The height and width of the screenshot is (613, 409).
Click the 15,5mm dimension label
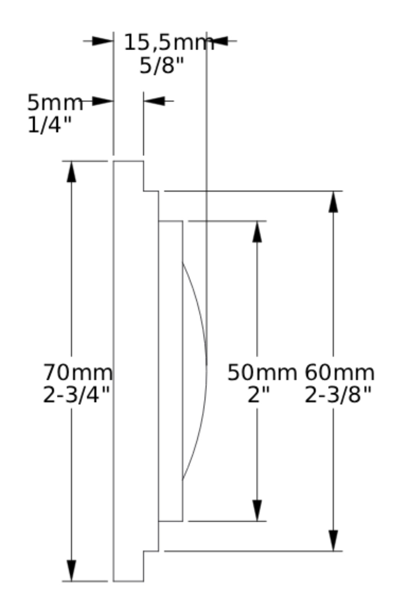pyautogui.click(x=169, y=43)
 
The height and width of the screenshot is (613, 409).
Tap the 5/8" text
pyautogui.click(x=161, y=66)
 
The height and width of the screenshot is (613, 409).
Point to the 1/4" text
pyautogui.click(x=49, y=125)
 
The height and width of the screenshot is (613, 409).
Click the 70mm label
pyautogui.click(x=78, y=373)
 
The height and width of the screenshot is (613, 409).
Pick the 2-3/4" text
pyautogui.click(x=76, y=395)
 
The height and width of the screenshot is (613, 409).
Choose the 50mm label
pyautogui.click(x=262, y=373)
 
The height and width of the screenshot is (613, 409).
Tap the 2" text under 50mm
pyautogui.click(x=259, y=395)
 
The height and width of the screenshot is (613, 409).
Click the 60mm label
pyautogui.click(x=339, y=373)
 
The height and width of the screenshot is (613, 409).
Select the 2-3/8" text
pyautogui.click(x=338, y=395)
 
